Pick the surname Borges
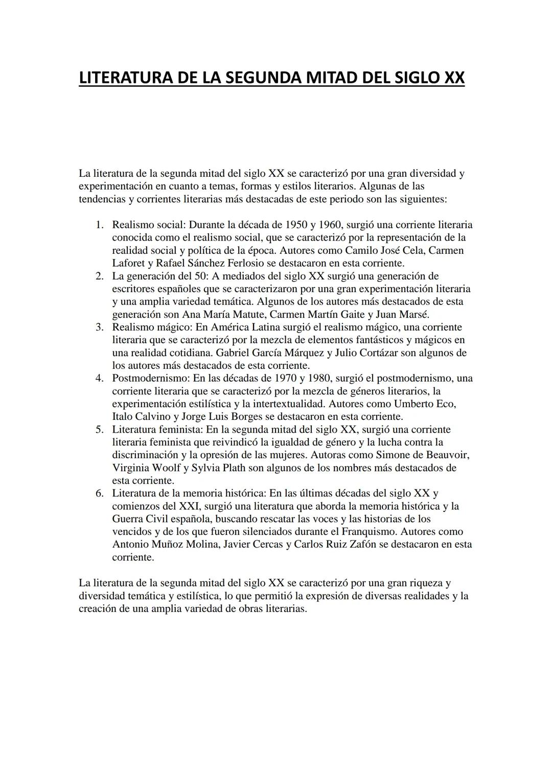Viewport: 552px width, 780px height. click(x=246, y=416)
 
